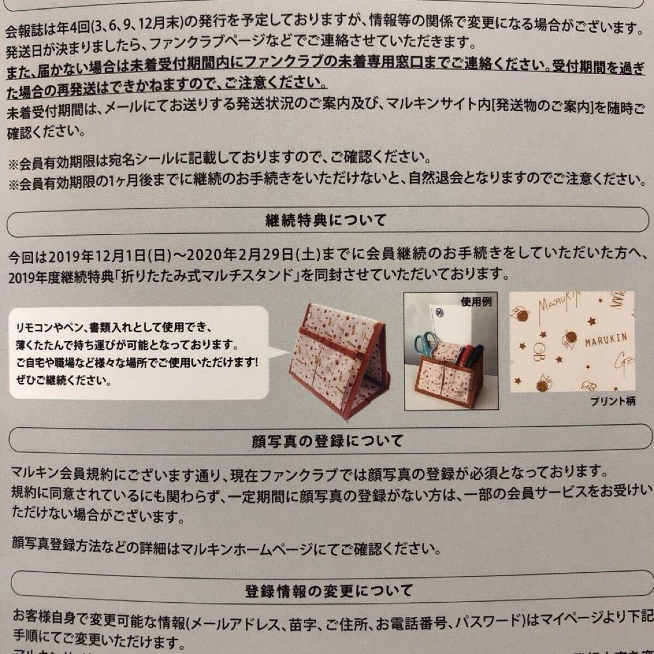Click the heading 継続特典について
(x=325, y=220)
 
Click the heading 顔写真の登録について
(x=325, y=440)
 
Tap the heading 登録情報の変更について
(x=325, y=590)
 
